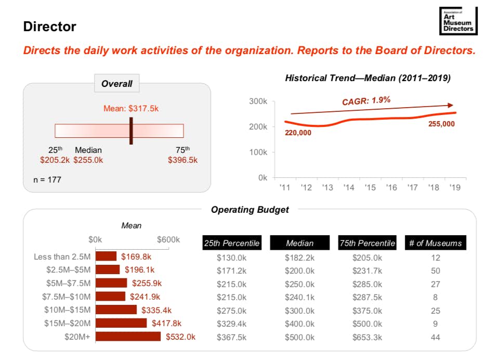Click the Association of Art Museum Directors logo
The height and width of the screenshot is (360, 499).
(x=457, y=22)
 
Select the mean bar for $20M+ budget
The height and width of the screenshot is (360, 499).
(x=128, y=337)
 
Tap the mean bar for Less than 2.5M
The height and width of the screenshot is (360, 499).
(x=106, y=256)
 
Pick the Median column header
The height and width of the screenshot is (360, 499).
(x=299, y=243)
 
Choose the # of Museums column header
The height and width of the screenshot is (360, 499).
(x=435, y=243)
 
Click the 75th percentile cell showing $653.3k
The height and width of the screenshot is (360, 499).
(x=367, y=337)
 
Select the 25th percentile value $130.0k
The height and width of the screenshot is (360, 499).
(x=231, y=257)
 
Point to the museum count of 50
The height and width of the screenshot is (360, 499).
(x=435, y=271)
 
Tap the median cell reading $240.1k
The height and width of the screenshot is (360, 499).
(x=299, y=297)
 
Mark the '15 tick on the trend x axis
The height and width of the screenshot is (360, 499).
(x=370, y=187)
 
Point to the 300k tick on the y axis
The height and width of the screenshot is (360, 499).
(x=258, y=101)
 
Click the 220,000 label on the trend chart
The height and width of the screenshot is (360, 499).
(x=298, y=133)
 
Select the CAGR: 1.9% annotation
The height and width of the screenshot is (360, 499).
(x=366, y=100)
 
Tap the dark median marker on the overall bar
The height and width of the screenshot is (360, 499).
(x=131, y=130)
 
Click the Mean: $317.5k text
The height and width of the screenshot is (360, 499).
(x=130, y=109)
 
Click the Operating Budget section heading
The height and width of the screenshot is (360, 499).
(x=249, y=210)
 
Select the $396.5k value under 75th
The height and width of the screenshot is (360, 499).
(x=182, y=160)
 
